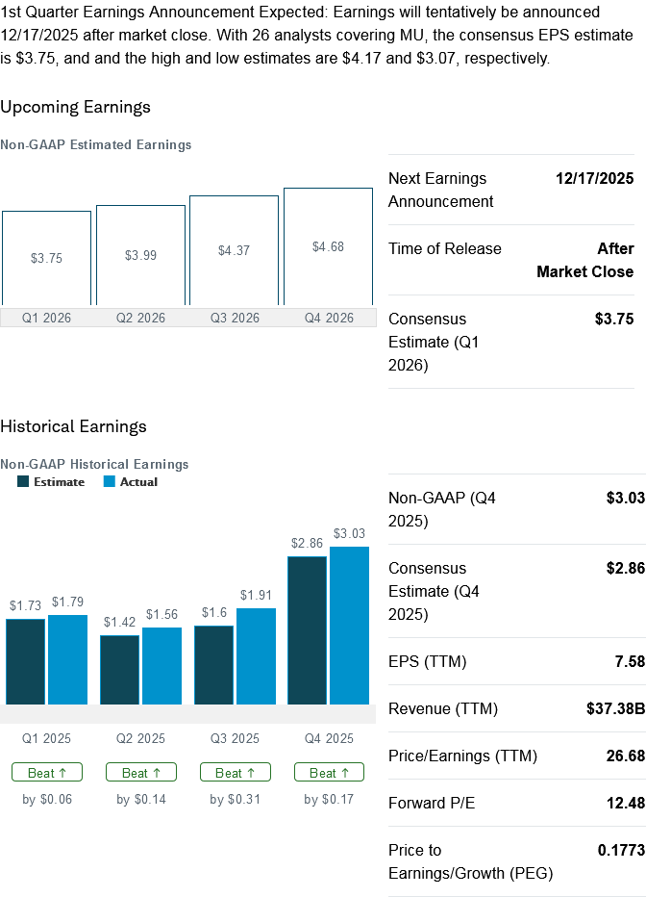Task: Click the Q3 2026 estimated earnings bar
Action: click(x=234, y=250)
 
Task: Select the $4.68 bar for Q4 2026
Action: click(x=328, y=246)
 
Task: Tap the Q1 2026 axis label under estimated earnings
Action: click(x=46, y=318)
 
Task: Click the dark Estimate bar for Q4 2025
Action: click(x=307, y=630)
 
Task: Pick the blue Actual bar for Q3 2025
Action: click(x=256, y=655)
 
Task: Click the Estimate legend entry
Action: click(x=51, y=482)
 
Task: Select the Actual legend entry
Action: click(x=130, y=482)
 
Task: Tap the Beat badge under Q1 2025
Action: click(x=47, y=772)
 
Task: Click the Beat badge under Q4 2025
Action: click(x=329, y=772)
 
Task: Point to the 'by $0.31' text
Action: click(x=236, y=799)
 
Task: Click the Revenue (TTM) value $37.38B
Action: click(x=615, y=709)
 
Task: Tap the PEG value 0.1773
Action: click(x=621, y=851)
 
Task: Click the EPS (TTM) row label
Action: click(x=427, y=662)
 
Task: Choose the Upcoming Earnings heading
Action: click(x=75, y=107)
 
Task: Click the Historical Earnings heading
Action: click(x=73, y=426)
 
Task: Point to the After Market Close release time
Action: click(x=584, y=260)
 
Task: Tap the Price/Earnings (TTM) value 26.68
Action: click(x=622, y=756)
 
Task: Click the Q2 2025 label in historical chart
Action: click(x=140, y=739)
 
